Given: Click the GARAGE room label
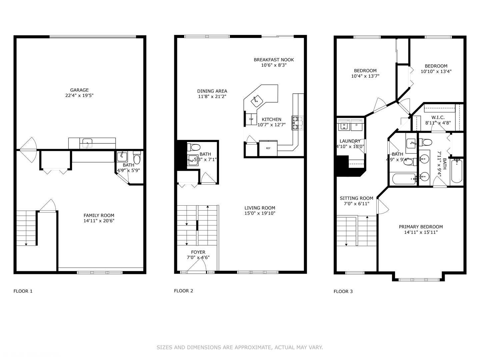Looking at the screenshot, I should coord(79,90).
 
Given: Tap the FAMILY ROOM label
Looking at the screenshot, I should coord(99,215).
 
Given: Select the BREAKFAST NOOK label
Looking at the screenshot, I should coord(274,60).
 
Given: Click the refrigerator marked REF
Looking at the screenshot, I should coord(268,148).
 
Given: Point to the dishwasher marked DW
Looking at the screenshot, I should coord(251,119).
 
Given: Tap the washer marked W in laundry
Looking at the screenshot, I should coord(343,125).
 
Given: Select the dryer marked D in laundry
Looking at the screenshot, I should coord(356,125).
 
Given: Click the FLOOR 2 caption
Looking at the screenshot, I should coord(183,291).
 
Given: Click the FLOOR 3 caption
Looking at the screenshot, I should coord(343,291).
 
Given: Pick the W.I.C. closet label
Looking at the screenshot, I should coord(438,117).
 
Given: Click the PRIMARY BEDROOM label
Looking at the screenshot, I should coord(421,227).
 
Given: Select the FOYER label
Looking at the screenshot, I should coord(198,252).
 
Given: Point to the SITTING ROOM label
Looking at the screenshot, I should coord(356,198).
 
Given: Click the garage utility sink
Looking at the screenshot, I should coord(87,143).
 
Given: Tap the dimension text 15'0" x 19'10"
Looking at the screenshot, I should coord(260,213).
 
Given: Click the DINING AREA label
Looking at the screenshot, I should coord(212,91).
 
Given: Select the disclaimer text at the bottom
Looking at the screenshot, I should coord(240,347).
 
